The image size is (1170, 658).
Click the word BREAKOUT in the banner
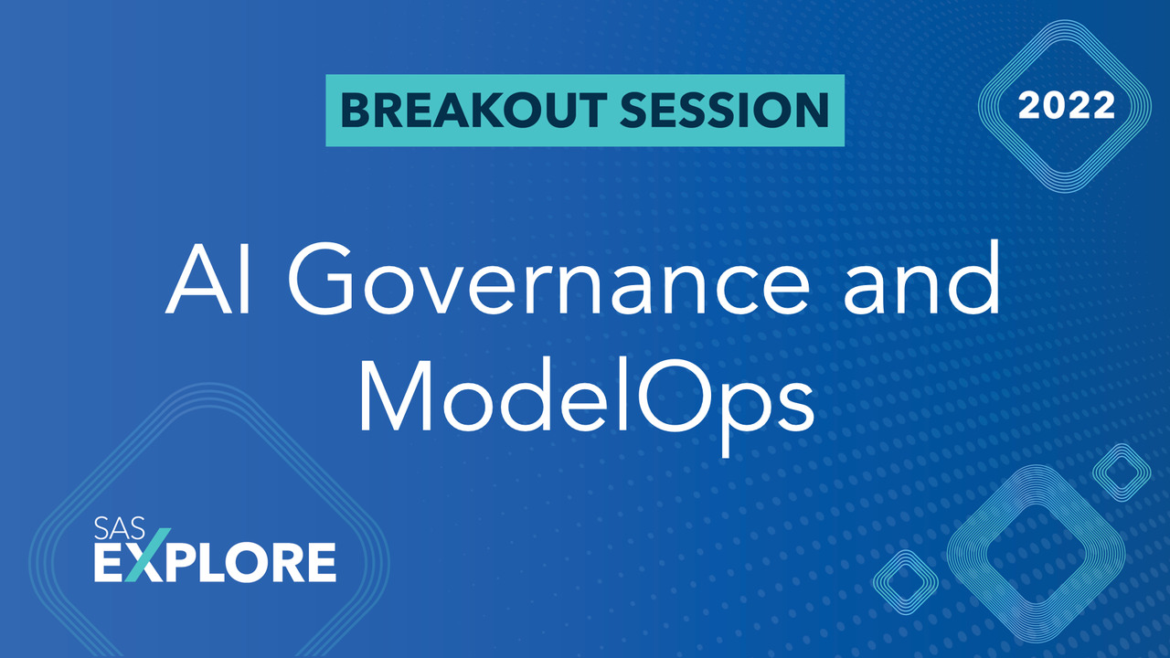click(x=470, y=111)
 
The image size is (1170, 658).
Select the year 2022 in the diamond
click(x=1067, y=106)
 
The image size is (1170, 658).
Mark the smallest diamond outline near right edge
click(x=1121, y=472)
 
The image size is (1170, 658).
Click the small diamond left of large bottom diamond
click(x=905, y=582)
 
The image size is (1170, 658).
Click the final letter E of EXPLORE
click(x=320, y=562)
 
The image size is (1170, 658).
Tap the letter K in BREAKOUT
click(x=514, y=111)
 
